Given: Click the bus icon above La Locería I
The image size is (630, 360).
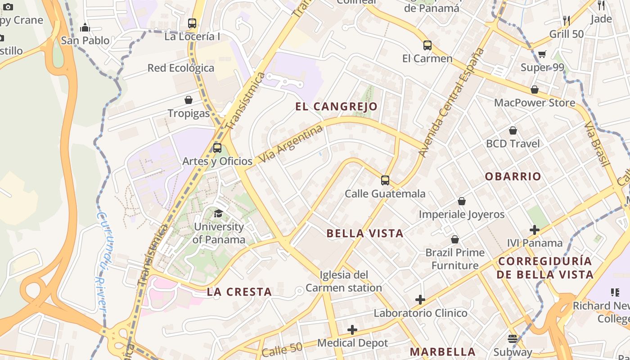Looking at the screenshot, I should click(192, 23).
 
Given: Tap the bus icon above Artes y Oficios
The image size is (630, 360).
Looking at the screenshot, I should click(217, 148).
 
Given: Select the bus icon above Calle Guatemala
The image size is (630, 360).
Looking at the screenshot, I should click(385, 180).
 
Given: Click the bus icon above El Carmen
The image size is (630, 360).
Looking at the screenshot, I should click(427, 45).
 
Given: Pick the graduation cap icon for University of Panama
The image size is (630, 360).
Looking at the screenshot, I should click(218, 213).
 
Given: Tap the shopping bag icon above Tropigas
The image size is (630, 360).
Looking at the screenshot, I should click(189, 100).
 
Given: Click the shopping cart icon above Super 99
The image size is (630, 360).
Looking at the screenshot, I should click(542, 54).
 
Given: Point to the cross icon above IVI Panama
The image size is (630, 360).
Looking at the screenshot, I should click(535, 230).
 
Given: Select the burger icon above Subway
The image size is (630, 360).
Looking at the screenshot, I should click(513, 338).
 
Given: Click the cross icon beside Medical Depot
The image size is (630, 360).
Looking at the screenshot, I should click(352, 330).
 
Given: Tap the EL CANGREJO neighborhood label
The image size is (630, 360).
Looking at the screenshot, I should click(337, 107).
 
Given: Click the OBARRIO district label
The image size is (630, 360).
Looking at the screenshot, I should click(513, 176).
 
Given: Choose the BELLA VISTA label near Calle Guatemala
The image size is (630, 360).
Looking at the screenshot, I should click(365, 233).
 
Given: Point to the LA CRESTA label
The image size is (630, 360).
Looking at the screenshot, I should click(239, 292).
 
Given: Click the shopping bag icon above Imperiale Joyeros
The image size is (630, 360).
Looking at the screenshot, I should click(462, 201).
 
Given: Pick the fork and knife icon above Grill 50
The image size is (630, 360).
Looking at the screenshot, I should click(567, 20).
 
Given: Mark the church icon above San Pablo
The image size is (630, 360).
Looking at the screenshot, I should click(85, 28).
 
